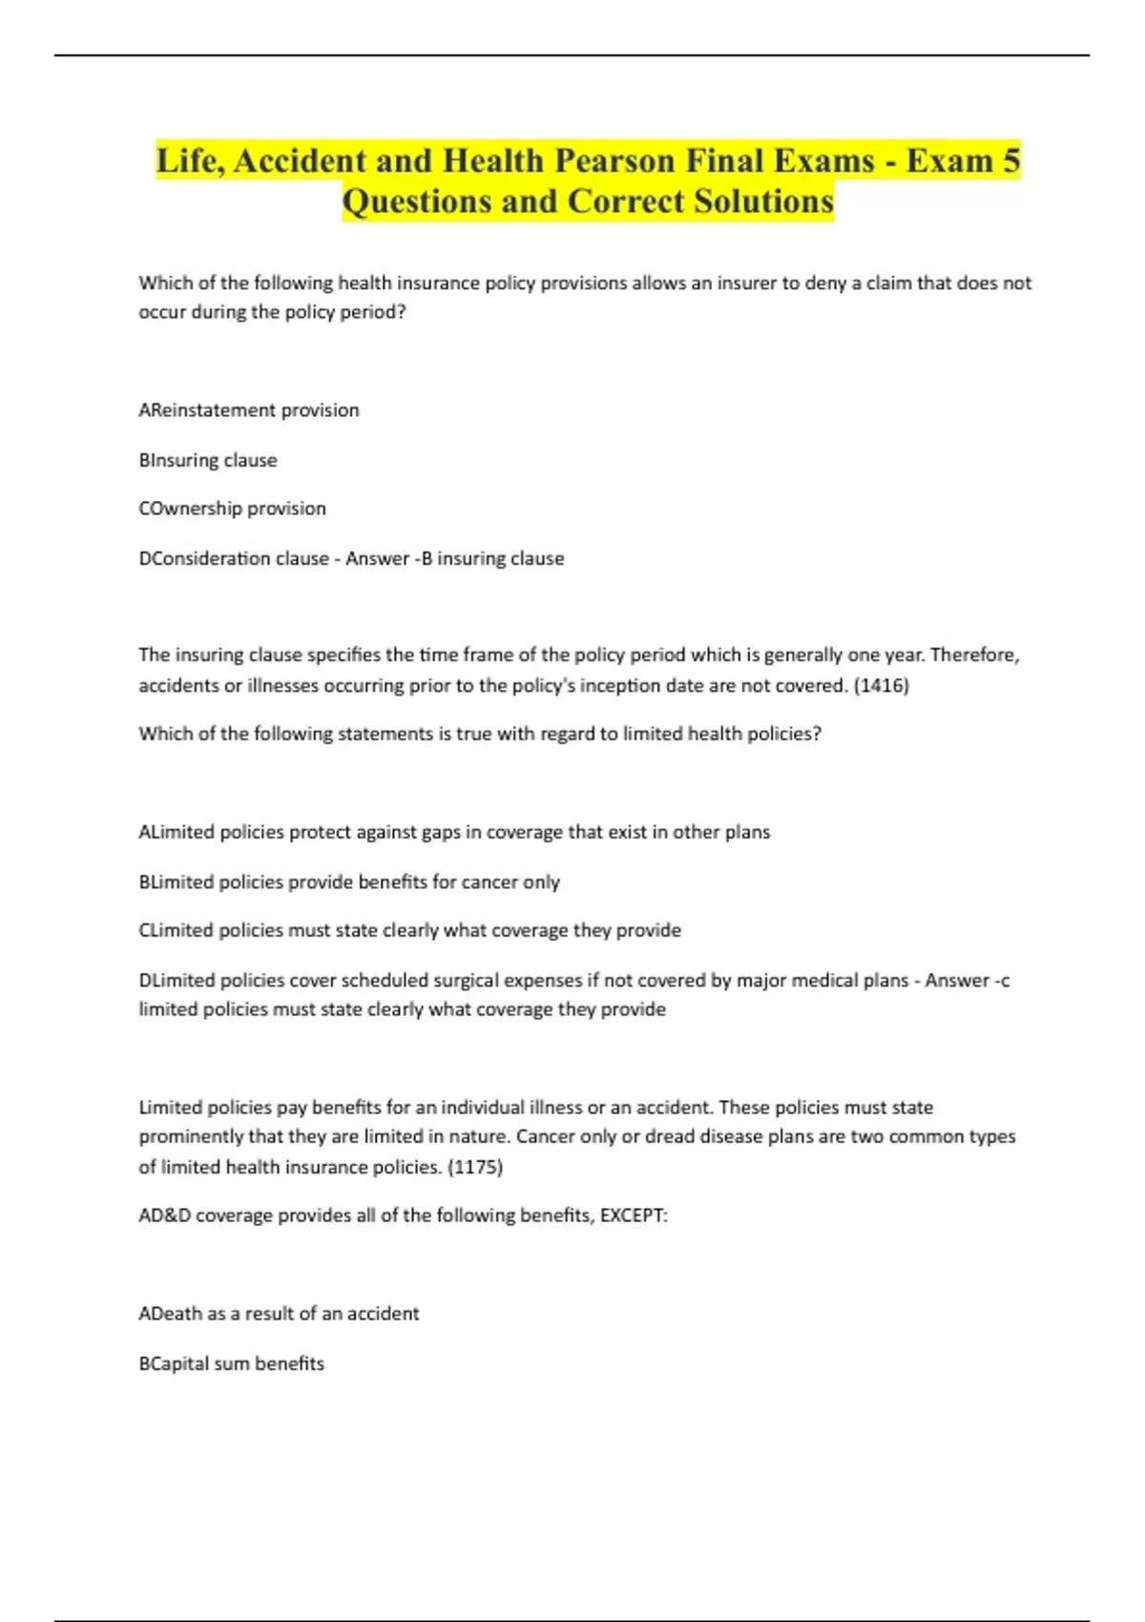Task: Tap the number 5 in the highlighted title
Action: [x=1010, y=160]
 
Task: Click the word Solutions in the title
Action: [x=763, y=201]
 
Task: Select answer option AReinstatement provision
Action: [x=249, y=410]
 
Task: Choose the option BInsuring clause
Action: [x=208, y=460]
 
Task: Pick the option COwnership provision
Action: [x=232, y=509]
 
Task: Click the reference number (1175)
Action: [x=474, y=1167]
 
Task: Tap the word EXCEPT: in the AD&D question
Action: [x=634, y=1216]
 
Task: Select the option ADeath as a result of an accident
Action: [x=279, y=1314]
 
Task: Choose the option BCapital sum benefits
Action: [x=231, y=1363]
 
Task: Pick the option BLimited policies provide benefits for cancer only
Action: [x=349, y=882]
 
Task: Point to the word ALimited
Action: [x=177, y=832]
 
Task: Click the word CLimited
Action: [x=176, y=930]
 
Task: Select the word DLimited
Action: [x=177, y=980]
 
